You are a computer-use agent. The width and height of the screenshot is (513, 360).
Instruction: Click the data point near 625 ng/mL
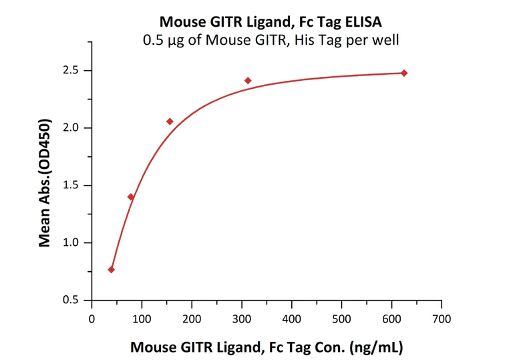point(404,73)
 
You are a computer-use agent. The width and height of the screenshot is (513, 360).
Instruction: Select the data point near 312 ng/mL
point(248,81)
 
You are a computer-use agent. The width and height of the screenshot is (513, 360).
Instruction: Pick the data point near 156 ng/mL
point(170,122)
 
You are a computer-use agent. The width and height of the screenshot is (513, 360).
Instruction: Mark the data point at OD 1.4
point(131,197)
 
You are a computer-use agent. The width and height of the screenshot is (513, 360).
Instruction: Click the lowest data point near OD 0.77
point(111,270)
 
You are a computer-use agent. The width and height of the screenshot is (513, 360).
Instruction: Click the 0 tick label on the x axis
point(92,318)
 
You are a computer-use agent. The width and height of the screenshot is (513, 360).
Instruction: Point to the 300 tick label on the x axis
point(241,318)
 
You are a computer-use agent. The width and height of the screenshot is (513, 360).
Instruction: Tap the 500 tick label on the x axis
point(341,318)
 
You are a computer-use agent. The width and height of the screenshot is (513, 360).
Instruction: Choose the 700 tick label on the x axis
point(441,318)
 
